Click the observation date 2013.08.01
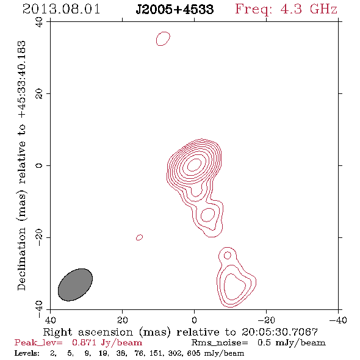(61, 9)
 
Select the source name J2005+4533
(175, 10)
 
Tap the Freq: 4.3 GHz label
(286, 10)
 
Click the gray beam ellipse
(75, 285)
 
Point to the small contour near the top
(163, 38)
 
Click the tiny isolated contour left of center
(139, 237)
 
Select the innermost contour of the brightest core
(194, 165)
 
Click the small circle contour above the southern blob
(228, 255)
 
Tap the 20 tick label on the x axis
(123, 320)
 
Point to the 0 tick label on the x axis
(194, 320)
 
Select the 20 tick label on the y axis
(39, 94)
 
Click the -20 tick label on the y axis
(39, 237)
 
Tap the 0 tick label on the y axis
(39, 165)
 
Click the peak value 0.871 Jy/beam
(107, 342)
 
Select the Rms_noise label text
(220, 342)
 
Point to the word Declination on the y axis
(21, 259)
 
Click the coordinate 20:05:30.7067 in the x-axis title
(279, 332)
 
